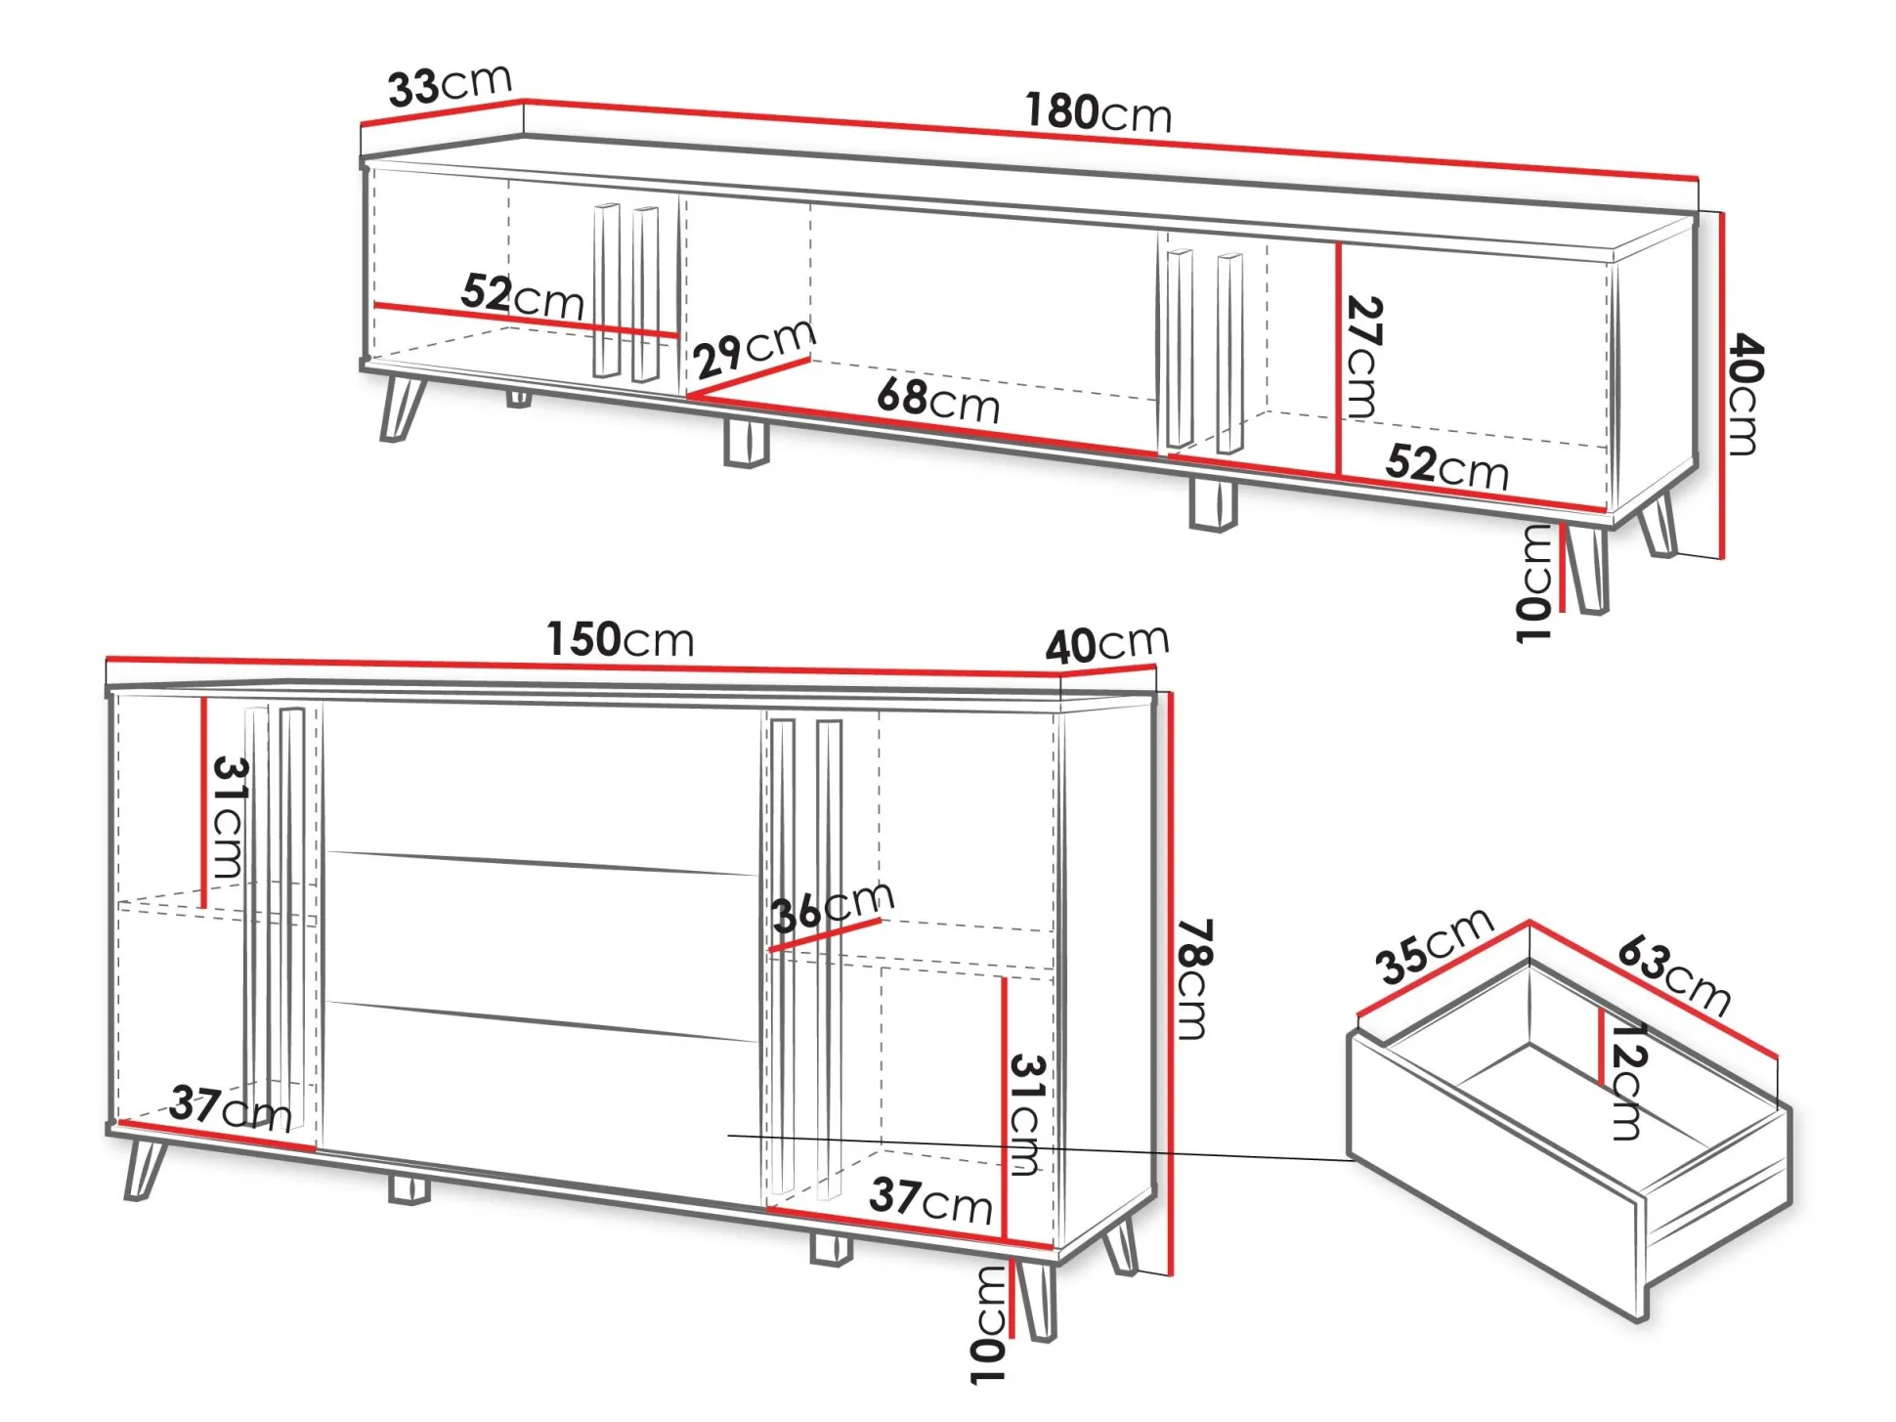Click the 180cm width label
[1098, 112]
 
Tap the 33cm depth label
[450, 85]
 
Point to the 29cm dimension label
[754, 349]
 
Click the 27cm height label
[1362, 358]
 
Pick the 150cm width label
[620, 639]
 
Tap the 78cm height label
[1192, 978]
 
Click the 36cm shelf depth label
[833, 906]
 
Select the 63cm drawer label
[1673, 975]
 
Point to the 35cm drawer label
[1435, 945]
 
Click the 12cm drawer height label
[1627, 1081]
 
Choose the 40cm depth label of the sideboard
[1106, 644]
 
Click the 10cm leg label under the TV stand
[1535, 583]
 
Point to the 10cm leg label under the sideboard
[989, 1325]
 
